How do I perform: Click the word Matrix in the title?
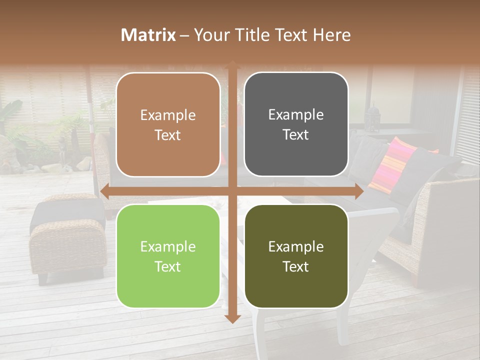pyautogui.click(x=148, y=35)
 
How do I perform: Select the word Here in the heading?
pyautogui.click(x=332, y=35)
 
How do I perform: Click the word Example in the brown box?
pyautogui.click(x=168, y=115)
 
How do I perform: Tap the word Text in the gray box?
pyautogui.click(x=296, y=134)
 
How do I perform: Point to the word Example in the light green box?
pyautogui.click(x=168, y=246)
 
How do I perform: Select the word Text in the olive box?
pyautogui.click(x=296, y=266)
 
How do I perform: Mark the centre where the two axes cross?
pyautogui.click(x=232, y=191)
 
